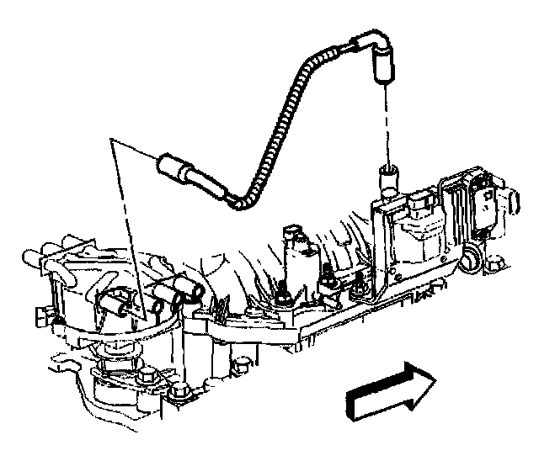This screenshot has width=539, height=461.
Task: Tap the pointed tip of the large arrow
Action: pyautogui.click(x=435, y=379)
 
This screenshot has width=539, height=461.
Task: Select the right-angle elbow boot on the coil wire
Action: pyautogui.click(x=371, y=53)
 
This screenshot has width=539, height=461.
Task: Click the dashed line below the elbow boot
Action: pyautogui.click(x=385, y=126)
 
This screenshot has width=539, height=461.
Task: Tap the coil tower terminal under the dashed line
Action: pyautogui.click(x=387, y=178)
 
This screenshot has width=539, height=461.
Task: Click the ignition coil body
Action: pyautogui.click(x=417, y=231)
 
